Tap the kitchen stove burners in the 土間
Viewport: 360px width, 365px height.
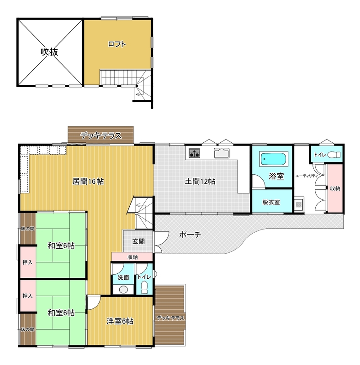pyautogui.click(x=194, y=153)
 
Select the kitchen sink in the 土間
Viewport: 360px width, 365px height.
pyautogui.click(x=222, y=153)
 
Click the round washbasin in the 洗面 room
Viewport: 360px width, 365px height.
pyautogui.click(x=123, y=289)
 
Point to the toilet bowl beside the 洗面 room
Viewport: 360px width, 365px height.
pyautogui.click(x=144, y=287)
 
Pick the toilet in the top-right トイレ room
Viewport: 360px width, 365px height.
pyautogui.click(x=334, y=155)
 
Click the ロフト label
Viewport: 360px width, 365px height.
pyautogui.click(x=117, y=44)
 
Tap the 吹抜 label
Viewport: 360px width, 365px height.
pyautogui.click(x=49, y=52)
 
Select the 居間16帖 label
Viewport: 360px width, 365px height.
pyautogui.click(x=88, y=181)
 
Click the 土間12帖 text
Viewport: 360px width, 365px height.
pyautogui.click(x=200, y=181)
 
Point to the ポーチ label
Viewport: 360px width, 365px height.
pyautogui.click(x=190, y=235)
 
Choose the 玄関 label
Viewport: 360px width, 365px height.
pyautogui.click(x=138, y=241)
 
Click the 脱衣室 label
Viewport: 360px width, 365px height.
pyautogui.click(x=271, y=202)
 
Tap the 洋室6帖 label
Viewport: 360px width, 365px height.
pyautogui.click(x=120, y=321)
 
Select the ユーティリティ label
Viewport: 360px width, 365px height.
pyautogui.click(x=307, y=176)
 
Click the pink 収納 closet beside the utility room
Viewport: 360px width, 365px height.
pyautogui.click(x=335, y=188)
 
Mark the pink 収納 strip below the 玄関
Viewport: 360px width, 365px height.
pyautogui.click(x=132, y=257)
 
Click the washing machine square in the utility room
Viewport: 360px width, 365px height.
pyautogui.click(x=299, y=204)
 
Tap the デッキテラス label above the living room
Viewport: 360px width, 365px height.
pyautogui.click(x=101, y=136)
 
